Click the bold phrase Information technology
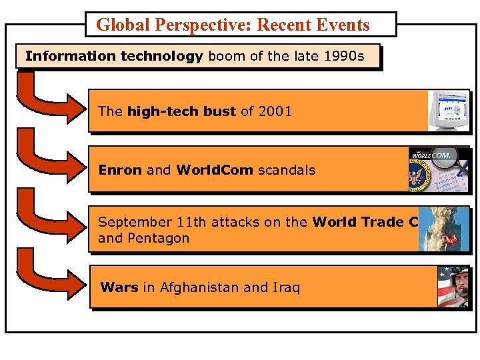[x=114, y=56]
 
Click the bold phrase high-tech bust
[x=181, y=111]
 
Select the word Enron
[x=120, y=170]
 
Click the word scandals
[x=287, y=170]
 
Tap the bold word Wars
[x=119, y=287]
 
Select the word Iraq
[x=286, y=287]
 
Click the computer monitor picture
[x=448, y=111]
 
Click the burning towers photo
[x=443, y=229]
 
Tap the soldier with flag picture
[x=453, y=287]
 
